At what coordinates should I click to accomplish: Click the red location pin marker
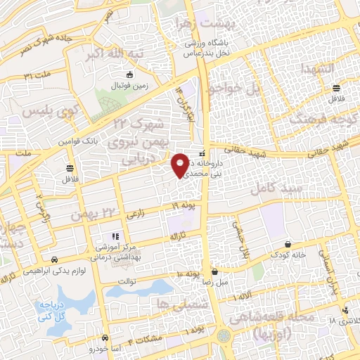(x=181, y=164)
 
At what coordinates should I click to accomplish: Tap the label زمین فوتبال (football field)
(x=128, y=85)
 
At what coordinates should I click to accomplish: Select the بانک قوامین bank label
(x=75, y=141)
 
